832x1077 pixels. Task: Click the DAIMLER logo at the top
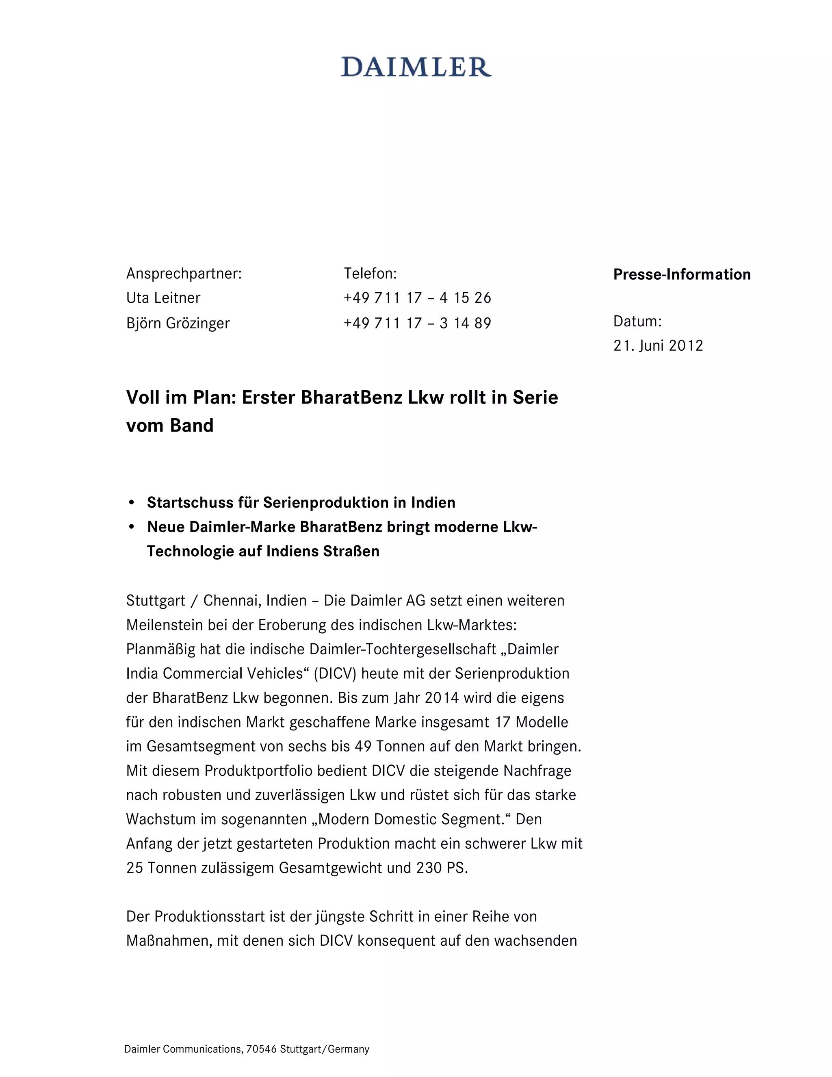click(x=416, y=67)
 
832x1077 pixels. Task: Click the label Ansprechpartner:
click(x=184, y=274)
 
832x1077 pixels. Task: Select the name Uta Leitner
click(x=163, y=298)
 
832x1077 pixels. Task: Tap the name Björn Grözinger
click(x=178, y=324)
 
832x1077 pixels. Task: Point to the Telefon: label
click(x=370, y=274)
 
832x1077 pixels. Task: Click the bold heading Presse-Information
click(x=682, y=275)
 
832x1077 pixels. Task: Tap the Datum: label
click(x=637, y=321)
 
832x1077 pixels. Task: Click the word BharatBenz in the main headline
click(x=351, y=397)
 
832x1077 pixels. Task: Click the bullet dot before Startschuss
click(x=131, y=503)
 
